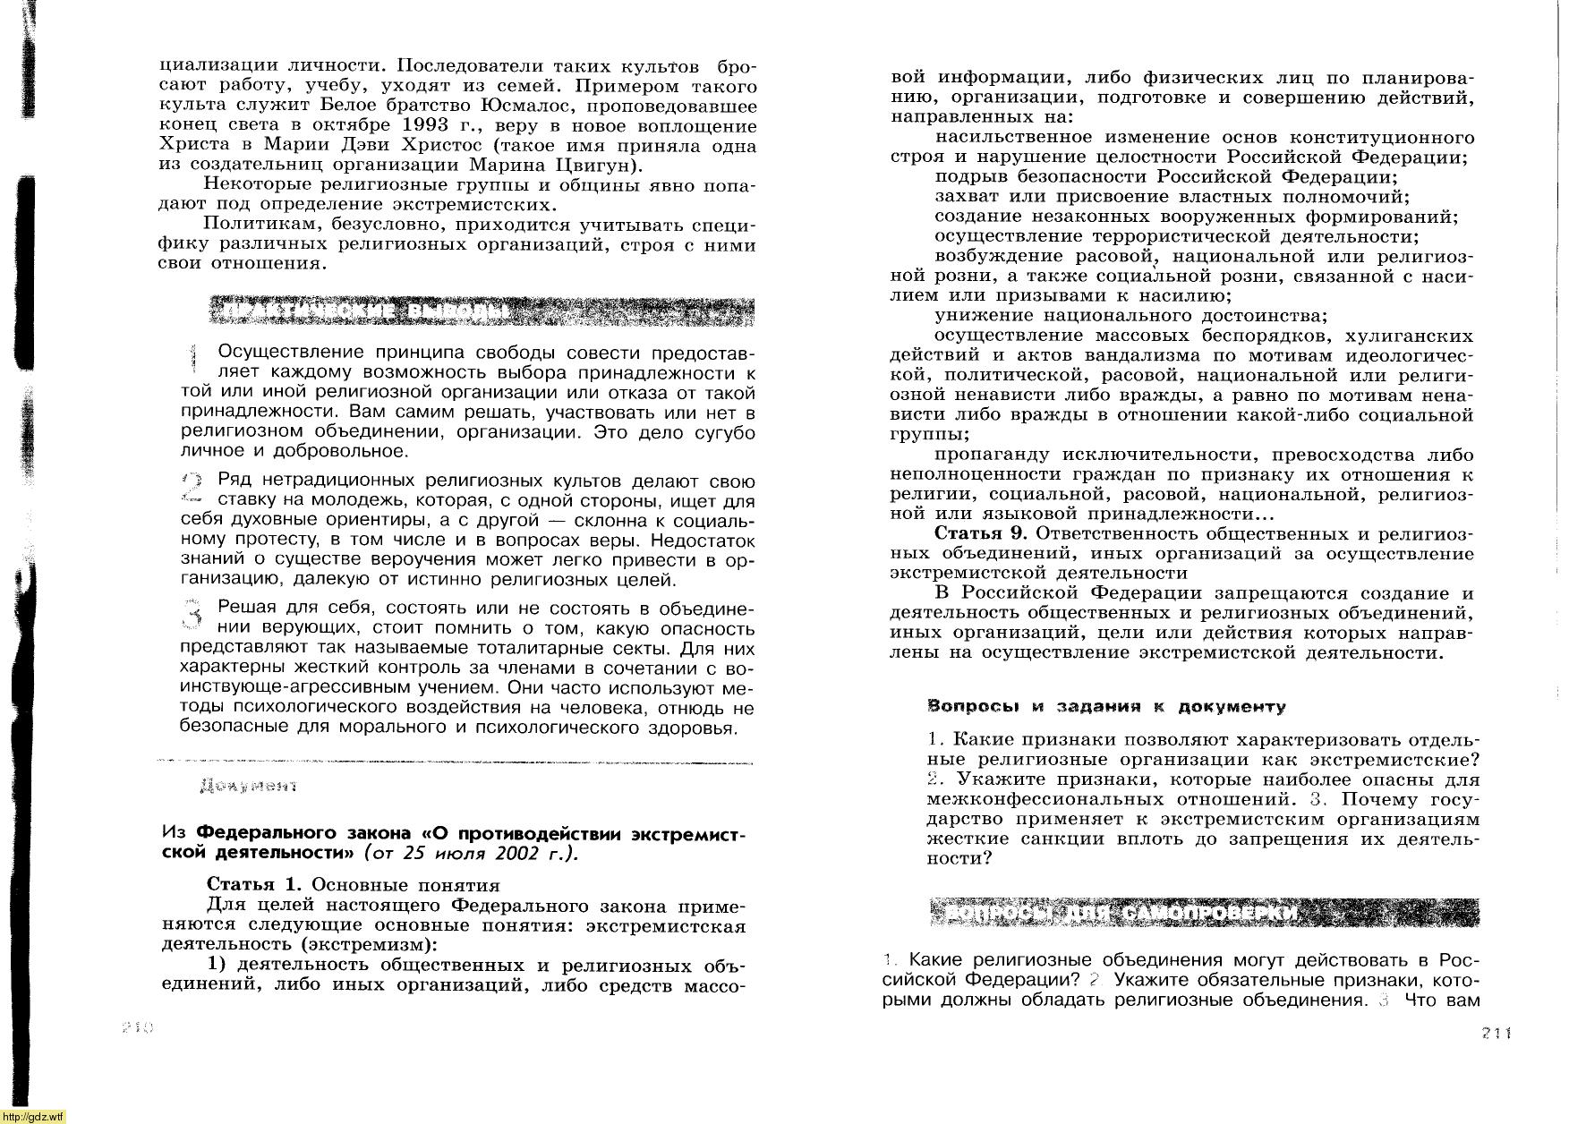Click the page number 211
[1497, 1033]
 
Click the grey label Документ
[248, 786]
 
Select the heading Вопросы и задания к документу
[1106, 706]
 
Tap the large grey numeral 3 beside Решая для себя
[192, 617]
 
